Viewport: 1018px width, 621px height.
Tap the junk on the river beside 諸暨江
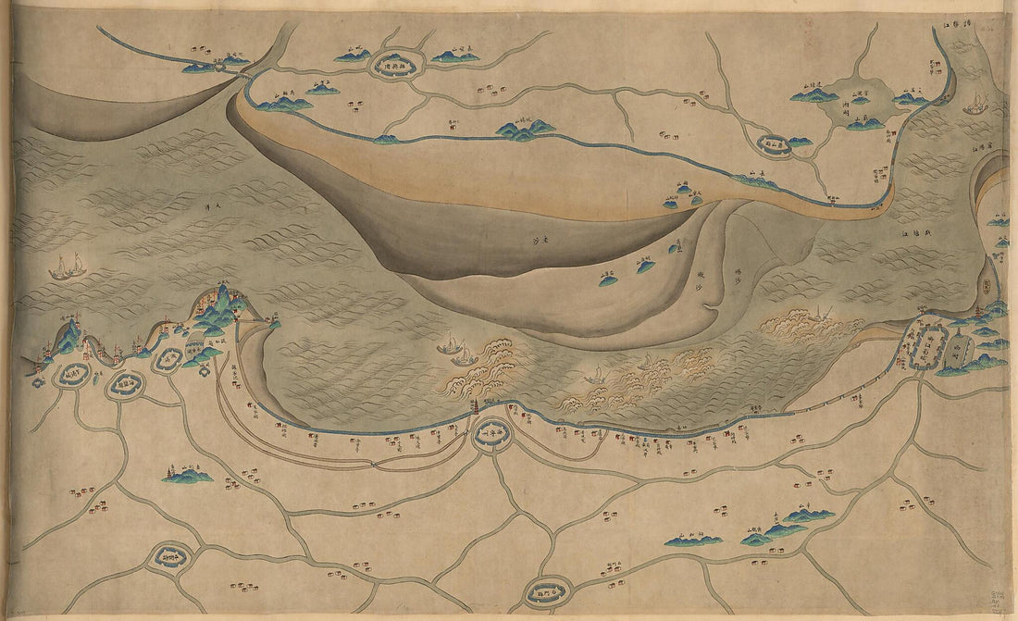pos(975,105)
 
